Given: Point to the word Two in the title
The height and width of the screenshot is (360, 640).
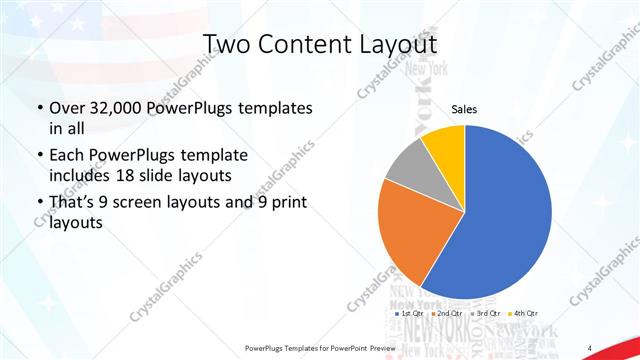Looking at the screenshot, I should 227,44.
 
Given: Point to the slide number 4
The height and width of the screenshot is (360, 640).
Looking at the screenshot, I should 590,347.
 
